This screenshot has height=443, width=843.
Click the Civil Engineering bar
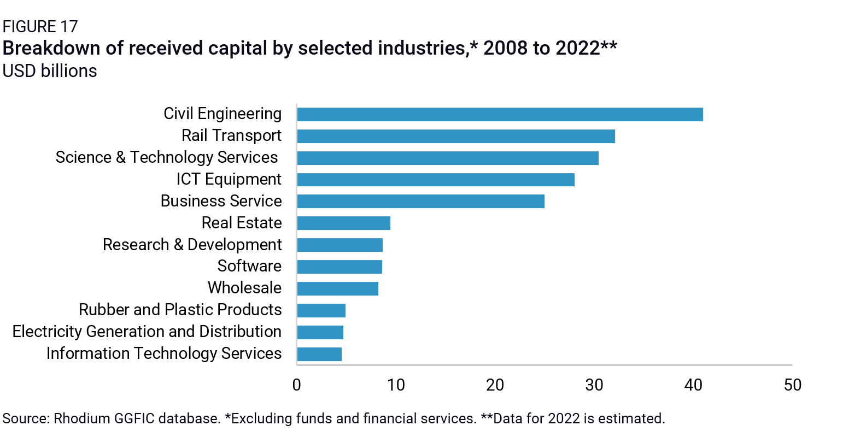500,114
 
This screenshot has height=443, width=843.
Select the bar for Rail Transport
456,136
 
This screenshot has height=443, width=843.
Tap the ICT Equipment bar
436,180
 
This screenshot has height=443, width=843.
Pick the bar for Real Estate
343,223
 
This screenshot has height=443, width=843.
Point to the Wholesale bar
337,288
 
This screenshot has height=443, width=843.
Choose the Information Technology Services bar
319,354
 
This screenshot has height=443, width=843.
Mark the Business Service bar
420,202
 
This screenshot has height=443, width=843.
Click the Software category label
249,266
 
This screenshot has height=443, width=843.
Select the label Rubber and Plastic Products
180,310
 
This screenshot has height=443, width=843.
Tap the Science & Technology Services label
167,157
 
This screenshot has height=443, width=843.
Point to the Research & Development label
192,245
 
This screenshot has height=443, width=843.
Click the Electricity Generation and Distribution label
147,332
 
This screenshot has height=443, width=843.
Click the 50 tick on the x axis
792,385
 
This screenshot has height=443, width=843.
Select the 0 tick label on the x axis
297,385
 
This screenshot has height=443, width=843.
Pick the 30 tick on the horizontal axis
594,385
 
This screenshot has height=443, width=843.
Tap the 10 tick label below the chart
396,385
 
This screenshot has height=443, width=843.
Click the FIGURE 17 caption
40,26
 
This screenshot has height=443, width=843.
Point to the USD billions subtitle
50,71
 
